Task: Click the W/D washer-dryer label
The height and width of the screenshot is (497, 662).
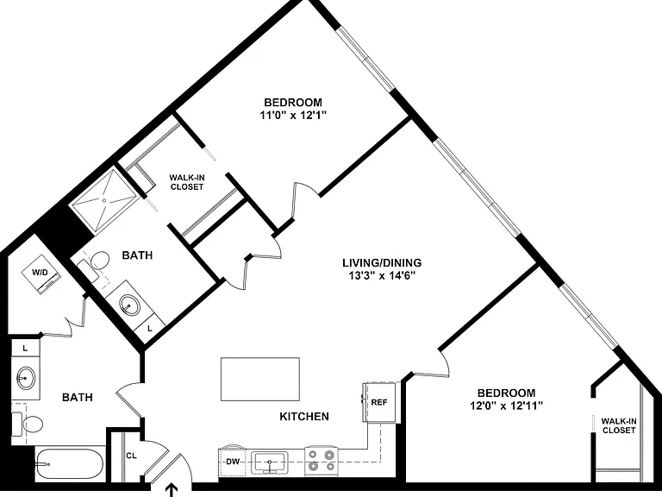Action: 41,272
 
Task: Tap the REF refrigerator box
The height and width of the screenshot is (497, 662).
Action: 378,402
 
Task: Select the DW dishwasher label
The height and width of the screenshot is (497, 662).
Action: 233,462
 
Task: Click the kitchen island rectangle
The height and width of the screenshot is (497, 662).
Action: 260,379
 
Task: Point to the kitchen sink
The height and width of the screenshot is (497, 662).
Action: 269,462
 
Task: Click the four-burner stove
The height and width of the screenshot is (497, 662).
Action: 322,460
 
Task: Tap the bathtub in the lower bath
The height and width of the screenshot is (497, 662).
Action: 69,463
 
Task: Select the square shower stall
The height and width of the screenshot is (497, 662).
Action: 104,201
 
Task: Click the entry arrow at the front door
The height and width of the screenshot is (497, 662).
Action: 172,491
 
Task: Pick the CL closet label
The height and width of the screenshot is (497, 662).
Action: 131,456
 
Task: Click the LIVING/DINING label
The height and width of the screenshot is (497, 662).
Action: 382,263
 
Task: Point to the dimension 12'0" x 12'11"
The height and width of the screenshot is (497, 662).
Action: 506,406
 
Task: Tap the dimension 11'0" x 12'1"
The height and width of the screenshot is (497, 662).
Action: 293,115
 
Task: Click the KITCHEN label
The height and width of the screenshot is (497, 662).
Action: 304,417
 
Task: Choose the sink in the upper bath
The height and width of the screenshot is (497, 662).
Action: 130,304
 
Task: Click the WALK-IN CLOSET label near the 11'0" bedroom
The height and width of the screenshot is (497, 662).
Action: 187,182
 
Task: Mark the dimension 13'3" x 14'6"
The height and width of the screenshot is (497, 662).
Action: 382,276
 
